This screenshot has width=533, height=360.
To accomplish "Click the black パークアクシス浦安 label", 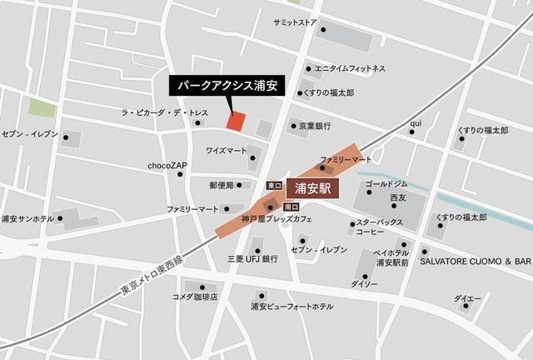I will [227, 85].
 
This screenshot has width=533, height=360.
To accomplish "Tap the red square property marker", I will [236, 121].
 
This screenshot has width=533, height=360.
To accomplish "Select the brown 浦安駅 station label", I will [314, 189].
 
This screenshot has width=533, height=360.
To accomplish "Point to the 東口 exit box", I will [273, 184].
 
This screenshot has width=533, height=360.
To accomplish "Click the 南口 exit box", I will [291, 206].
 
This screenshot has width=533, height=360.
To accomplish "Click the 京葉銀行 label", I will [315, 126].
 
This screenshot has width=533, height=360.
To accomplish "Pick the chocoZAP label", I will [167, 166].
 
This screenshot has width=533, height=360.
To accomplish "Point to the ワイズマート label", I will [226, 151].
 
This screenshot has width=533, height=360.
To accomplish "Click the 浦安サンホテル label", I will [27, 219].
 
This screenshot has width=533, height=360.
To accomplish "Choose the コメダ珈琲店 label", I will [195, 297].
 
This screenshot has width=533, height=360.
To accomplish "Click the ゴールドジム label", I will [386, 182].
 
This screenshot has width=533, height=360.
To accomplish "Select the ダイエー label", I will [467, 297].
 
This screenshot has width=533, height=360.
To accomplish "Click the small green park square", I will [41, 108].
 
